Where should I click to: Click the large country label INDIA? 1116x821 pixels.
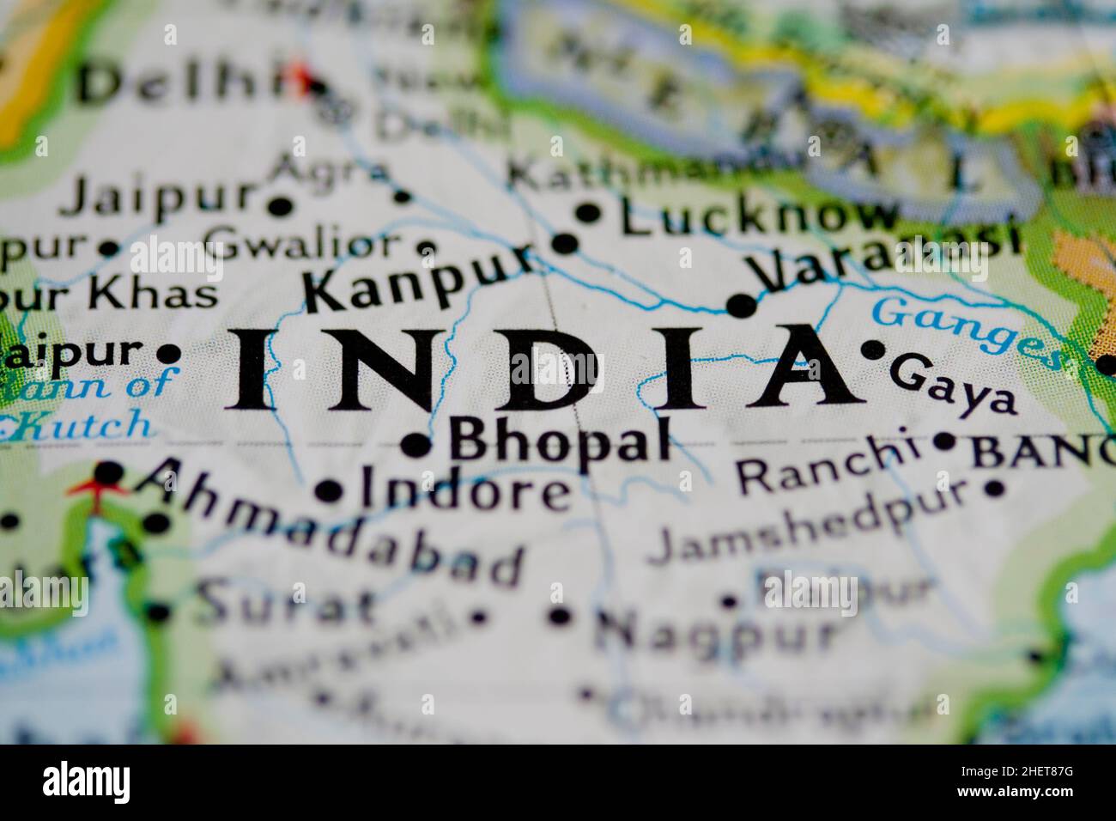pos(541,368)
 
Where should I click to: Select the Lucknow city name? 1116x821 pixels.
pos(759,217)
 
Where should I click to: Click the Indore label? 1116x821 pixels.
pos(464,490)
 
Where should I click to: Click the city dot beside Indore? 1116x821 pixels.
pos(328,491)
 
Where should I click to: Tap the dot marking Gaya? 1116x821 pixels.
pos(872,350)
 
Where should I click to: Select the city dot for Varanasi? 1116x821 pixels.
pos(741,305)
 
